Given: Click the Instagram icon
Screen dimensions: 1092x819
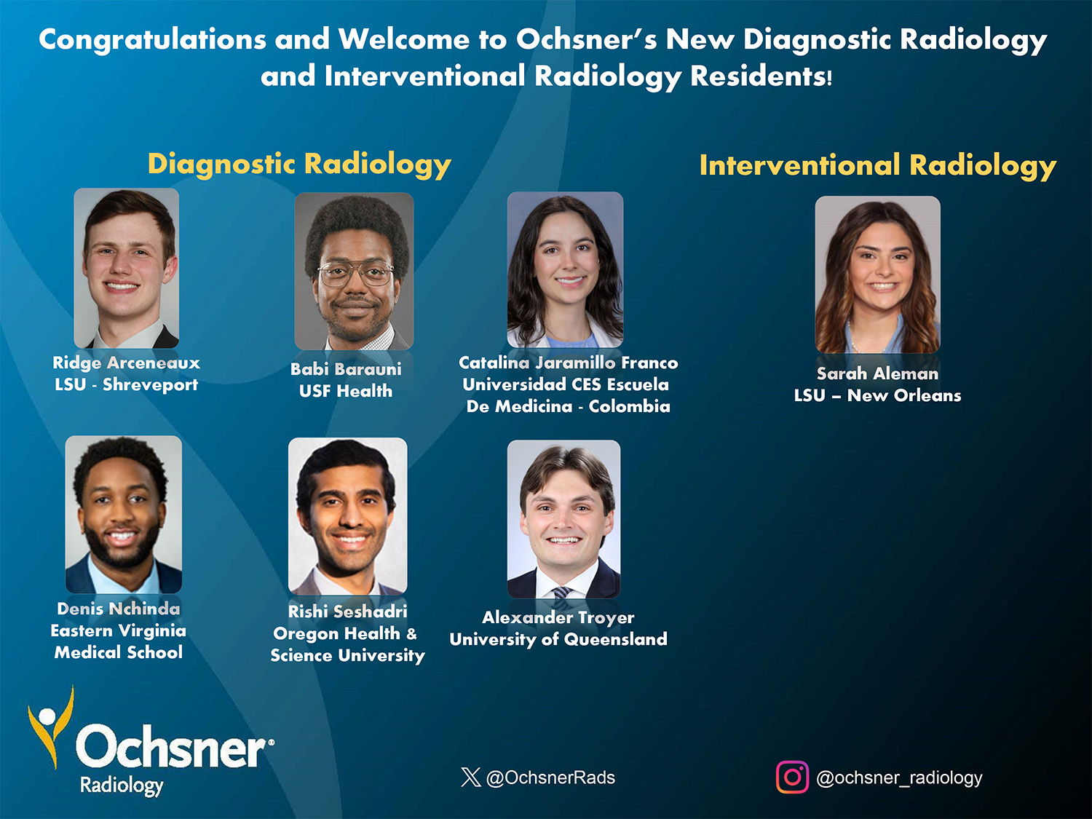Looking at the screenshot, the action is click(793, 777).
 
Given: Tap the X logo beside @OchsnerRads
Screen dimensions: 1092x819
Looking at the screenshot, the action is click(470, 777).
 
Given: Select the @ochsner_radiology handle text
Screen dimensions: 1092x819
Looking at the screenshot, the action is click(900, 778).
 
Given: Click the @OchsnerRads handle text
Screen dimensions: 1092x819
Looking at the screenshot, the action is click(550, 778).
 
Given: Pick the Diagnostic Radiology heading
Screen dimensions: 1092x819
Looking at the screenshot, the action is click(299, 165).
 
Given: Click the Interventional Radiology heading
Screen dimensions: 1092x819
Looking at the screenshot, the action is click(878, 165).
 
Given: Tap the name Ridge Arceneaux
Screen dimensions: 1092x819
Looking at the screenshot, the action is click(127, 363).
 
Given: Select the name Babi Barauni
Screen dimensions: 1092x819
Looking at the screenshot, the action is click(346, 369).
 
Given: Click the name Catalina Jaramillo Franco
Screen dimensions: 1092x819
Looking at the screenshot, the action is click(568, 363).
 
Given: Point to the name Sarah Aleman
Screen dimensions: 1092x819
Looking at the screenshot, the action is click(877, 373).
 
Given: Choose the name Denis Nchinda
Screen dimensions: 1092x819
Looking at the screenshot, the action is click(119, 609).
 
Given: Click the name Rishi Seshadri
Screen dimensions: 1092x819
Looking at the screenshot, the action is click(348, 611).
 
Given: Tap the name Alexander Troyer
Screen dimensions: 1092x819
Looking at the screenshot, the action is click(558, 618).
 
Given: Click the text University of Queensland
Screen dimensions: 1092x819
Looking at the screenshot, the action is click(558, 639).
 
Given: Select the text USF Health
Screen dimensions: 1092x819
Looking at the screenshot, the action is click(346, 391).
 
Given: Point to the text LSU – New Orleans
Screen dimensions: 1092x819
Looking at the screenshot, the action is click(877, 395).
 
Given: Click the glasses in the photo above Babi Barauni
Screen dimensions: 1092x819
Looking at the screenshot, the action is click(356, 274).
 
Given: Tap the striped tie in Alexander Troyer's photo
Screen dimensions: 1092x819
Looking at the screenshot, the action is click(563, 593).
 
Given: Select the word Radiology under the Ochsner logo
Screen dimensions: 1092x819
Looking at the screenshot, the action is click(122, 786).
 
